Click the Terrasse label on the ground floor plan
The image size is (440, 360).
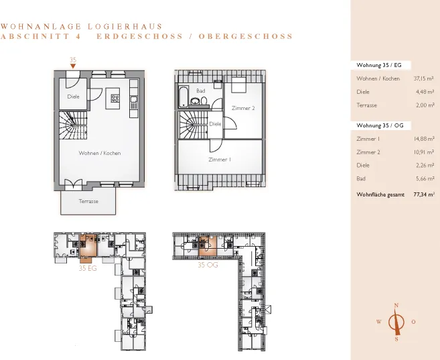[88, 201]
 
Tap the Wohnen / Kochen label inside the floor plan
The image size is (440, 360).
[100, 153]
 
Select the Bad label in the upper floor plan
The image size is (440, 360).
[201, 91]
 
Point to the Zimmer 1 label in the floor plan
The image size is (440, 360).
[220, 160]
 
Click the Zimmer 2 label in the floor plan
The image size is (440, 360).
[243, 108]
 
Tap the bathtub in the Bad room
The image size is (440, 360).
[183, 97]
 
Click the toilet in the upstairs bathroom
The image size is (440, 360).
[204, 101]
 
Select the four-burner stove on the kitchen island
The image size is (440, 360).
[115, 99]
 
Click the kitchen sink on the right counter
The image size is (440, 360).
[134, 99]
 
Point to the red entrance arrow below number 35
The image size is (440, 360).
[73, 66]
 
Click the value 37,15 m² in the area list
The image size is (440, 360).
[424, 78]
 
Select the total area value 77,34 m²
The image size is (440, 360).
[424, 194]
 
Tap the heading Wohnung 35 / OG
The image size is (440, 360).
[380, 125]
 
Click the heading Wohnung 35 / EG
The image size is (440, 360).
[379, 65]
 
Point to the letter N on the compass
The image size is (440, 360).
[396, 305]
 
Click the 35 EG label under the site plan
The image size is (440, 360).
[88, 268]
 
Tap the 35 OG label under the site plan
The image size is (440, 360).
[208, 265]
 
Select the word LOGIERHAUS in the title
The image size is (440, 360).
[125, 27]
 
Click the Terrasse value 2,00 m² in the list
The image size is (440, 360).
[425, 105]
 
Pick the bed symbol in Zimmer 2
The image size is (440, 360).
[239, 85]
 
